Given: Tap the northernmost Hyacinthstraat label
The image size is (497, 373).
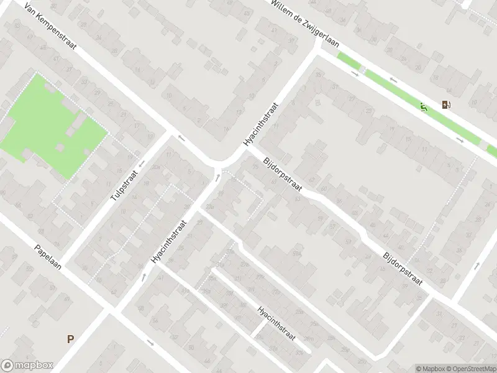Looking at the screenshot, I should [261, 124].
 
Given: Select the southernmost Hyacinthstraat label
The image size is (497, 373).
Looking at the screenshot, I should [276, 323].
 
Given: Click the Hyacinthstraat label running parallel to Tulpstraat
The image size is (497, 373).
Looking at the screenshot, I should [168, 239].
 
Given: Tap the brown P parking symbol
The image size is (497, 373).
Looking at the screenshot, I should [70, 339].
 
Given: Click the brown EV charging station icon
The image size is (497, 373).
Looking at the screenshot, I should [445, 104].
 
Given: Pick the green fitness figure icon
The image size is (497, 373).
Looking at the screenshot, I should [424, 108].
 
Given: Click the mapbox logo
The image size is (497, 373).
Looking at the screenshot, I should [27, 366].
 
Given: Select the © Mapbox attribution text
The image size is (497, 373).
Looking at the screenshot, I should [429, 369].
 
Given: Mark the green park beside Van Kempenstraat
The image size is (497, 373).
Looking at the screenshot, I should [50, 124].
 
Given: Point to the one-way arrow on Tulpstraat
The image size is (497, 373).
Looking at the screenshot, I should [142, 164].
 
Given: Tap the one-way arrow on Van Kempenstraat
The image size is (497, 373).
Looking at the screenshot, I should [181, 138].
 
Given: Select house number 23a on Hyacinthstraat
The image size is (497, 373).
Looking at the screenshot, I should [211, 206].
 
